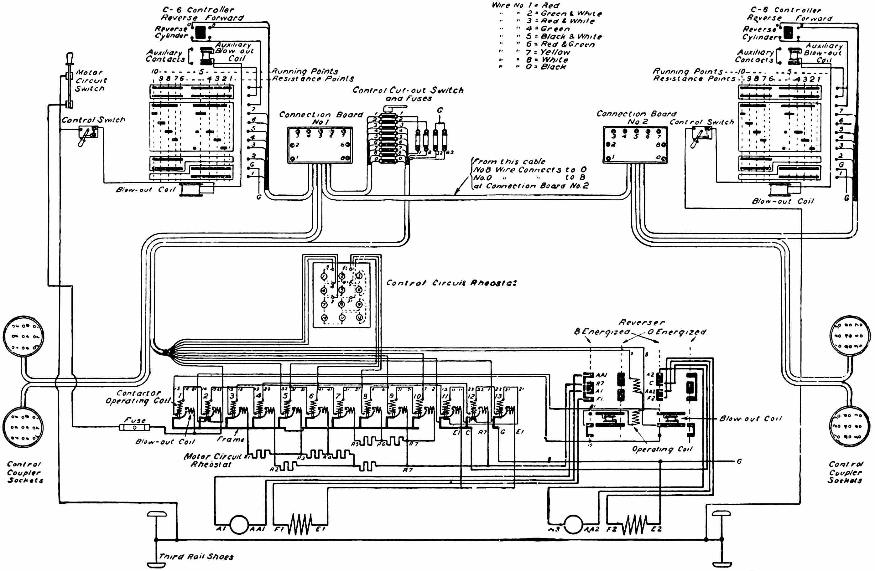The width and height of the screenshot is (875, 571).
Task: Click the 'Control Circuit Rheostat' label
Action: (x=451, y=283)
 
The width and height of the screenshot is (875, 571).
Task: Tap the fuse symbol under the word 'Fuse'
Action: (x=135, y=427)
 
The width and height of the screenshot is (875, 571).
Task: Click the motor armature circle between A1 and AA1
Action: (x=239, y=524)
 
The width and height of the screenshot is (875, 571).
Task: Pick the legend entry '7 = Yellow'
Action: (x=548, y=52)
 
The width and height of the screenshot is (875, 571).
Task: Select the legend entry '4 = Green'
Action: (x=548, y=29)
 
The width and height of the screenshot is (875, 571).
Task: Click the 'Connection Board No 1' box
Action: (x=320, y=145)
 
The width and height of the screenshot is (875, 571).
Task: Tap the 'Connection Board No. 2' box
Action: (x=635, y=145)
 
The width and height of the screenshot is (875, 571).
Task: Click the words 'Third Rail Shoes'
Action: (x=196, y=556)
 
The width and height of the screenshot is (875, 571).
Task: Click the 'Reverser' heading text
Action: (x=642, y=322)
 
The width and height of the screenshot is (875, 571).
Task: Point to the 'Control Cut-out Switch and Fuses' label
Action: (x=408, y=94)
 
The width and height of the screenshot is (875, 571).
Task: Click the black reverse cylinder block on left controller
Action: (x=201, y=32)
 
